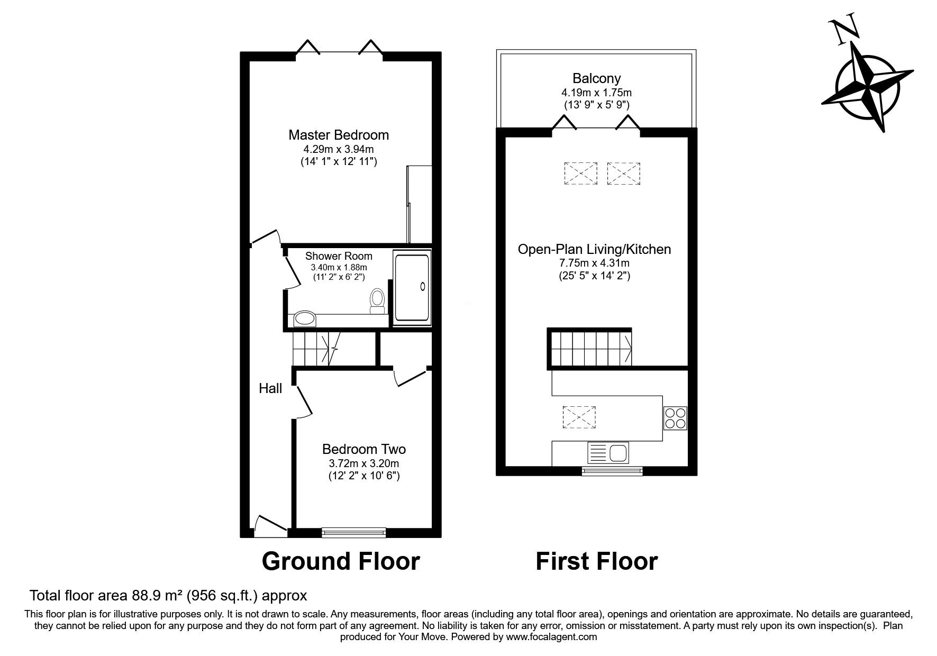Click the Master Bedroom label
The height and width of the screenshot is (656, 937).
coord(338,135)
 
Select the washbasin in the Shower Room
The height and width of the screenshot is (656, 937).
coord(305,318)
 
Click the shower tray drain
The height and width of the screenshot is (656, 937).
coord(422,286)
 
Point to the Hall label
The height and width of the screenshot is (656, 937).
coord(270,389)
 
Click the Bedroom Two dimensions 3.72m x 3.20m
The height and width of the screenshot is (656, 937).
coord(363,463)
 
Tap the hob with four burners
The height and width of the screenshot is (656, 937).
coord(675,418)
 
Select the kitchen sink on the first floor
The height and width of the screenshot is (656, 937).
coord(608,453)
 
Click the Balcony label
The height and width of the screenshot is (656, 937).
coord(596,79)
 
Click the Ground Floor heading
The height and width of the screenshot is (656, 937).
coord(341,561)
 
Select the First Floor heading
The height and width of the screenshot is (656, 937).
coord(596,561)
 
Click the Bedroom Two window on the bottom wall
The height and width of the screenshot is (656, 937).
coord(353,532)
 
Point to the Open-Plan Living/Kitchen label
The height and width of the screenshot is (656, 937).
coord(594,249)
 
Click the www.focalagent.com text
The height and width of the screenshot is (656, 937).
coord(551,637)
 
